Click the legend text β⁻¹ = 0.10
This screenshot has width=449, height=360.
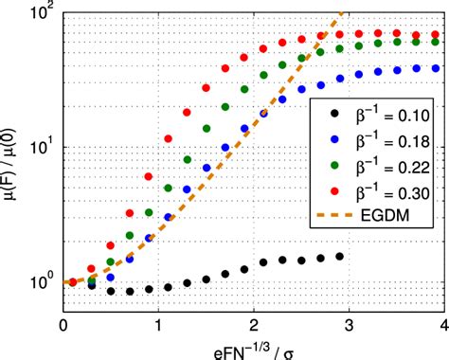[x=386, y=119]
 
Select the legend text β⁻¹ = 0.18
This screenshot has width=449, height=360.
[x=386, y=144]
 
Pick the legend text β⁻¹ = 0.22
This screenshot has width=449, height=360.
[x=386, y=169]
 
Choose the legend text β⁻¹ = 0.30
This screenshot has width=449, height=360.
[x=386, y=193]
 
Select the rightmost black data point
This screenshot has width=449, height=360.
[x=339, y=256]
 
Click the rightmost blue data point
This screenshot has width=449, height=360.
[x=435, y=68]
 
